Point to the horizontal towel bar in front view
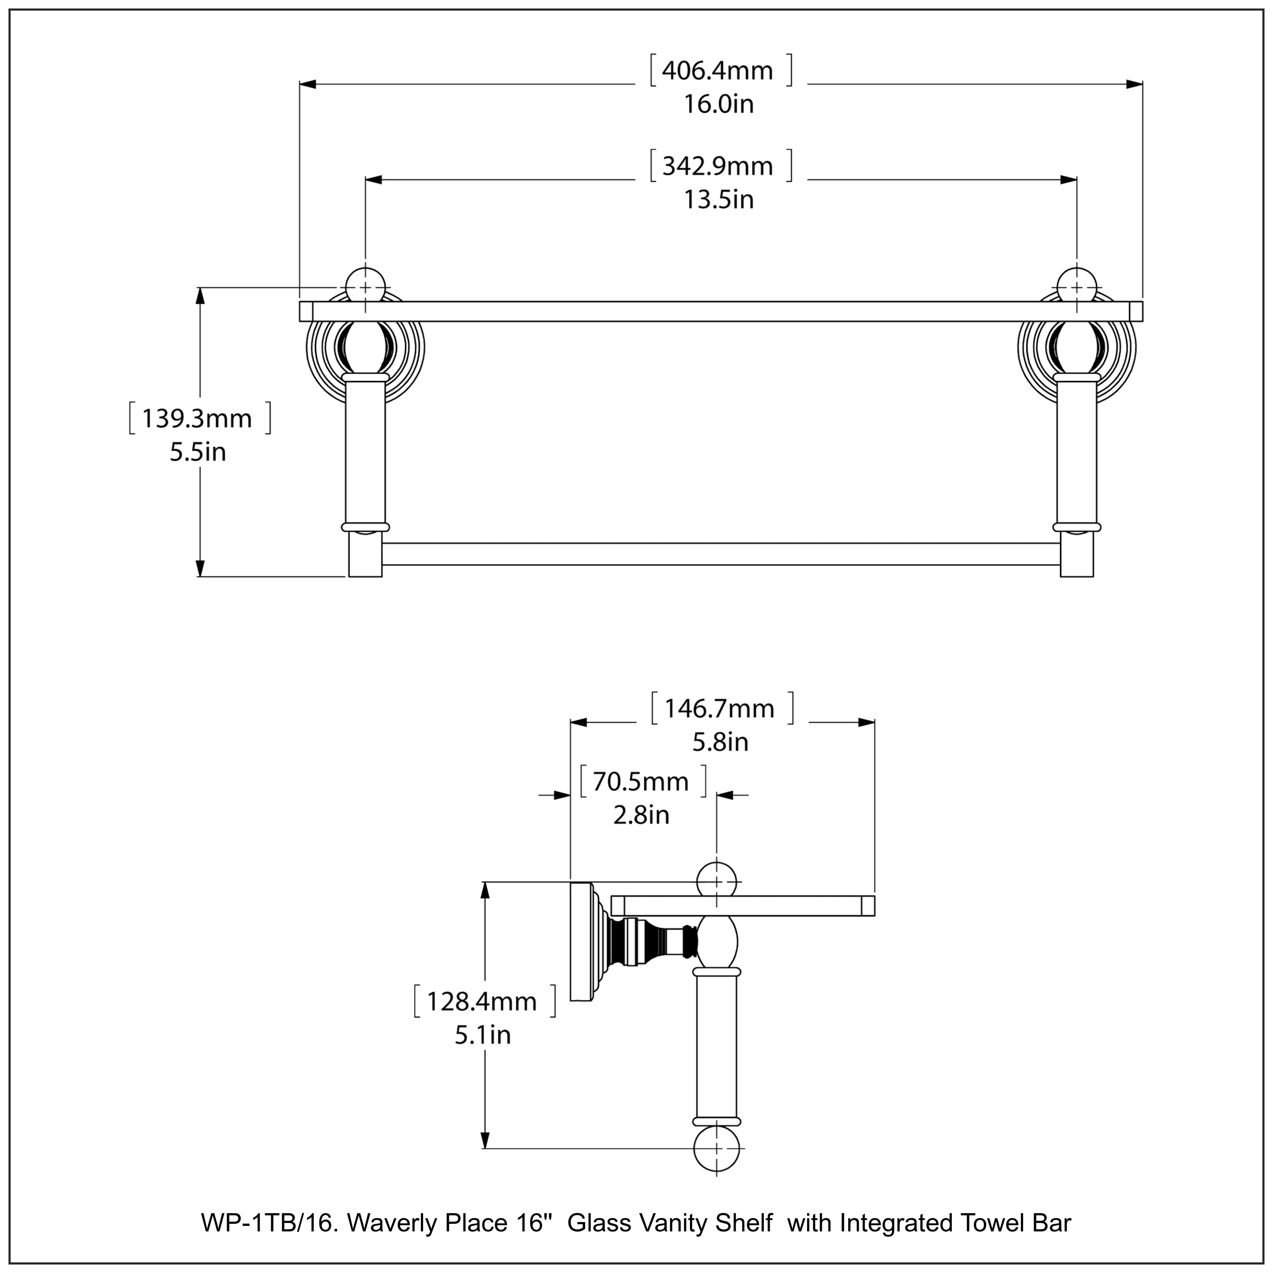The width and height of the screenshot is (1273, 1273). (x=721, y=554)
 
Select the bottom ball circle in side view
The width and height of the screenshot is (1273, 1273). (x=716, y=1149)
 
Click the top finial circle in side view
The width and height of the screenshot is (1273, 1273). (x=716, y=881)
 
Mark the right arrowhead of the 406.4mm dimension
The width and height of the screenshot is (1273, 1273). (x=1134, y=84)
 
